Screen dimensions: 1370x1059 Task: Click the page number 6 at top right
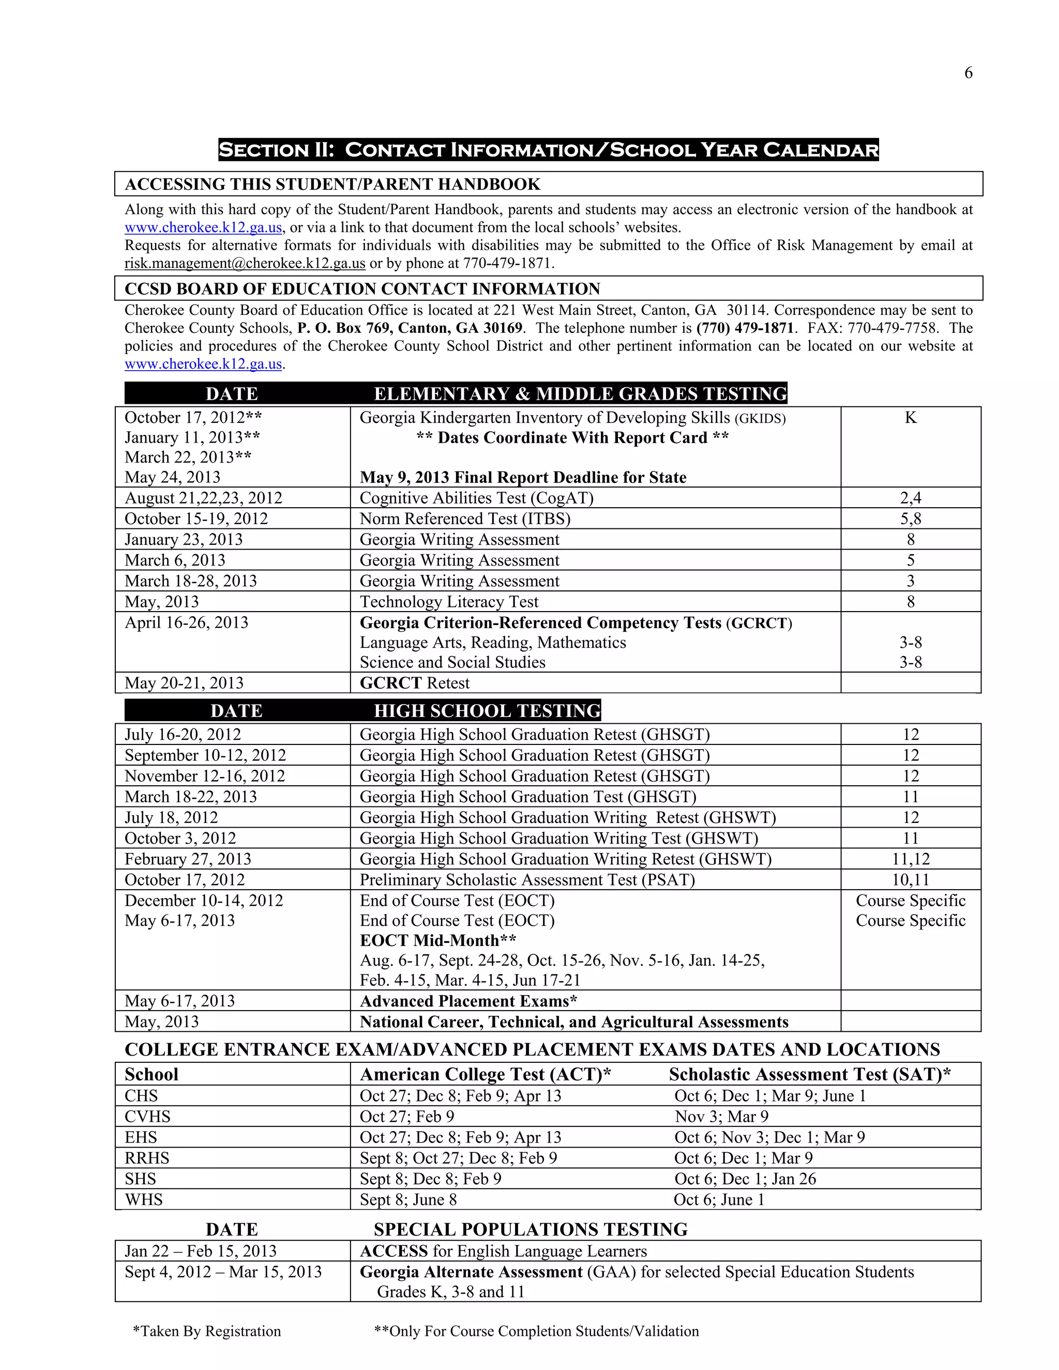coord(968,73)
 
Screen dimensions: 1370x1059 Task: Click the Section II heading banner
coord(548,150)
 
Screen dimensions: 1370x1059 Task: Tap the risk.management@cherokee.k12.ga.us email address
coord(245,264)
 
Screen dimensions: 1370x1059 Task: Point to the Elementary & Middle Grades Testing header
coord(580,394)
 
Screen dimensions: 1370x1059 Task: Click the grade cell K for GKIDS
coord(910,418)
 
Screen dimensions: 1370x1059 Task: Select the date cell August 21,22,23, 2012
coord(203,498)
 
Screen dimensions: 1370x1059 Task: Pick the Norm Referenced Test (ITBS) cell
coord(465,519)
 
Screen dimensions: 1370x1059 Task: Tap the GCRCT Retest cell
coord(414,683)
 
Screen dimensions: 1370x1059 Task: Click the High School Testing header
coord(487,711)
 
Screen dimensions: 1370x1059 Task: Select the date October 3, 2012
coord(180,839)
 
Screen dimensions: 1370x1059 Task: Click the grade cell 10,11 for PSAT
coord(910,880)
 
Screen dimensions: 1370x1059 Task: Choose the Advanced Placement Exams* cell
coord(468,1001)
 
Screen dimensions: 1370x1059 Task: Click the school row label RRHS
coord(147,1158)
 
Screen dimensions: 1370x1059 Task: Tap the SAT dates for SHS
coord(745,1179)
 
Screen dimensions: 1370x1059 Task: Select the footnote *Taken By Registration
coord(206,1331)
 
